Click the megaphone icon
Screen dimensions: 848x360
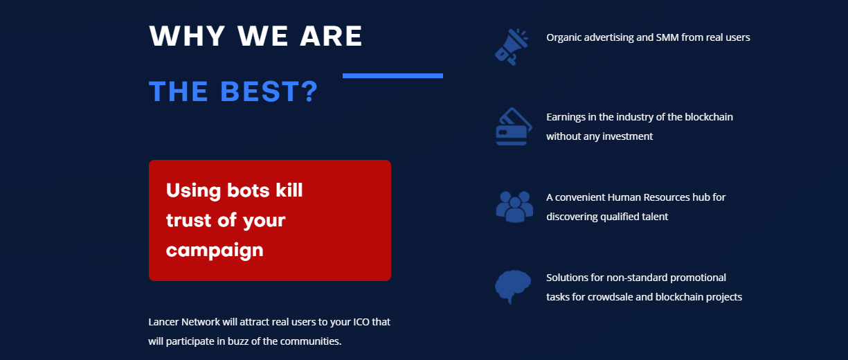[x=512, y=47]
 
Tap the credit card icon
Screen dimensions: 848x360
[x=514, y=127]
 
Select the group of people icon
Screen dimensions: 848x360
[x=514, y=207]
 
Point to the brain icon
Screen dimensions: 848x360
[x=512, y=287]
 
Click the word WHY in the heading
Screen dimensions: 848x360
[x=188, y=36]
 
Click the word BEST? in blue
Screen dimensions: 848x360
[x=269, y=91]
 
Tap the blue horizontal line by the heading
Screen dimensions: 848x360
[x=393, y=75]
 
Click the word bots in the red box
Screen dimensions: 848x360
[x=248, y=190]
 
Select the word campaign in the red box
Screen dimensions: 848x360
[x=215, y=251]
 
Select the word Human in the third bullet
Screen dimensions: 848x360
[x=624, y=197]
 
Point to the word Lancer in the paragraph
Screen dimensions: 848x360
[x=163, y=322]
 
